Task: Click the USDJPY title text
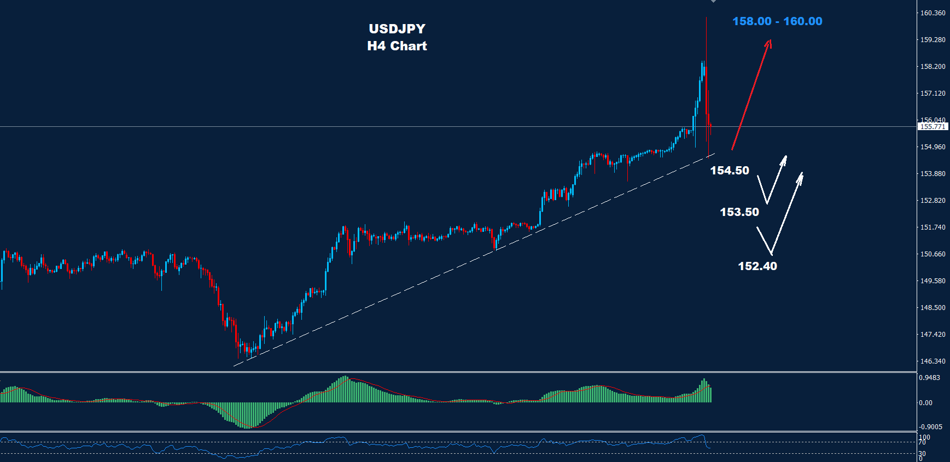[x=397, y=29]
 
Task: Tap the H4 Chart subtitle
[x=397, y=46]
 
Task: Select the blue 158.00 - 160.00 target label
[x=777, y=21]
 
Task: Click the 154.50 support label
[x=730, y=171]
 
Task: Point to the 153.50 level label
[x=739, y=212]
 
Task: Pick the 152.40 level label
[x=757, y=266]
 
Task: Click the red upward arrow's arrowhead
[x=770, y=42]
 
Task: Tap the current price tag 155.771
[x=932, y=126]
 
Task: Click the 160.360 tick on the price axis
[x=932, y=13]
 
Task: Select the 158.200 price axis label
[x=932, y=67]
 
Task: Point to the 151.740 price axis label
[x=932, y=227]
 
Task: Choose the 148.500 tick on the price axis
[x=932, y=308]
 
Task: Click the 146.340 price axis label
[x=932, y=361]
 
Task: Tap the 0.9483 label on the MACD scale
[x=929, y=378]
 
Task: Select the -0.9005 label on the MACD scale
[x=930, y=427]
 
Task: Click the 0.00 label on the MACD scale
[x=925, y=403]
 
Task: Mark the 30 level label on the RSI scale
[x=922, y=454]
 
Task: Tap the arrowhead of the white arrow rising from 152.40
[x=801, y=176]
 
